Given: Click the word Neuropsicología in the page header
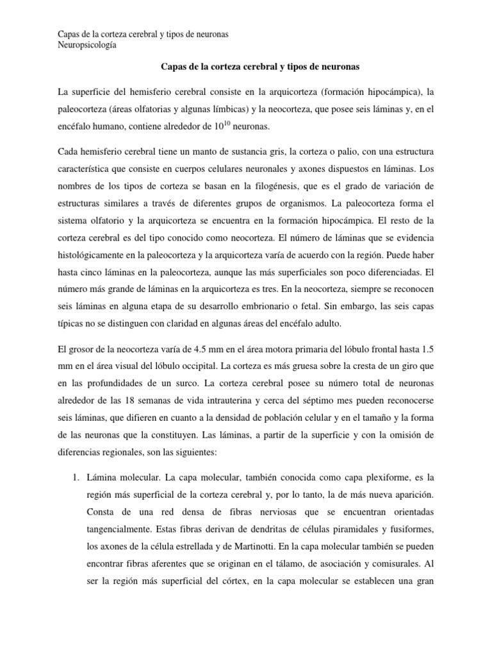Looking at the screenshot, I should (x=87, y=45).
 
